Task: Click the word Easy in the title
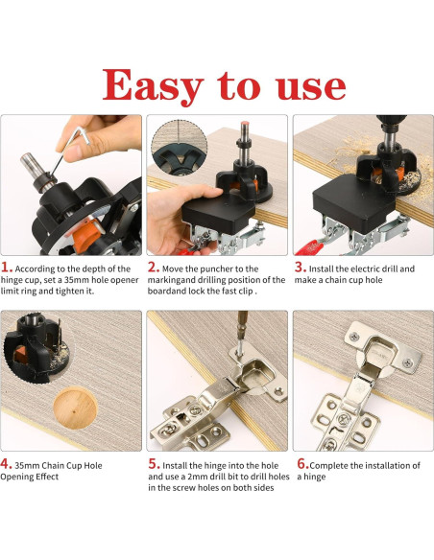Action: click(153, 86)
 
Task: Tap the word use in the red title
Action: click(310, 87)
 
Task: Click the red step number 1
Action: click(7, 268)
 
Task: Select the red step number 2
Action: click(154, 268)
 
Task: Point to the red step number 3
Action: click(301, 268)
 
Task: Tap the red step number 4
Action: click(6, 464)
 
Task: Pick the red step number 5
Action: click(154, 464)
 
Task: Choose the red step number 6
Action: click(302, 464)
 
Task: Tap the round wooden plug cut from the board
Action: click(75, 408)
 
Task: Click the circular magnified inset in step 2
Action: click(180, 147)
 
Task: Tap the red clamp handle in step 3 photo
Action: click(308, 248)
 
